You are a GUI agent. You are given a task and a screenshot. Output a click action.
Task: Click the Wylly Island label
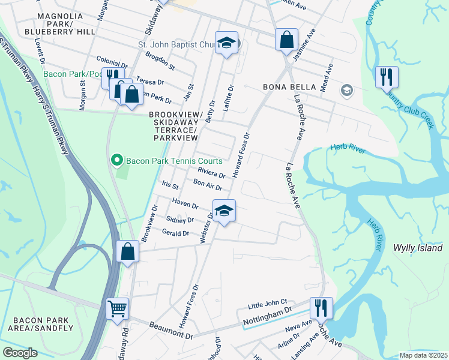pyautogui.click(x=417, y=248)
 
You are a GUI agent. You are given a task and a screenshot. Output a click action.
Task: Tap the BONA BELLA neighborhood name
pyautogui.click(x=289, y=87)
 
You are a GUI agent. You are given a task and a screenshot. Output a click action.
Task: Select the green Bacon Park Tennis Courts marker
pyautogui.click(x=117, y=161)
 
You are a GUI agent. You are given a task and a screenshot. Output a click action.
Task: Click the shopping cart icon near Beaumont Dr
pyautogui.click(x=118, y=309)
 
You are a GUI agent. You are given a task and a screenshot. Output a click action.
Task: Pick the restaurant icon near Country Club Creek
pyautogui.click(x=386, y=76)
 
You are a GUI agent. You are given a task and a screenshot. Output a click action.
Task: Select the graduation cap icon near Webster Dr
pyautogui.click(x=224, y=211)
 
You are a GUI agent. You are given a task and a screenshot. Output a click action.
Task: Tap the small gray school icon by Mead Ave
pyautogui.click(x=346, y=91)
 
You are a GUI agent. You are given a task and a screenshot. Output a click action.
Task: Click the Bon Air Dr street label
pyautogui.click(x=208, y=184)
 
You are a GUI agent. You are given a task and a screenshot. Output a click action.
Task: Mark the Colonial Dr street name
pyautogui.click(x=112, y=61)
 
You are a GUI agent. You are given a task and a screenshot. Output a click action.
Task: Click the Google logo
pyautogui.click(x=20, y=353)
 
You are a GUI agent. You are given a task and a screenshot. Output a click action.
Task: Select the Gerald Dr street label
pyautogui.click(x=176, y=233)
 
